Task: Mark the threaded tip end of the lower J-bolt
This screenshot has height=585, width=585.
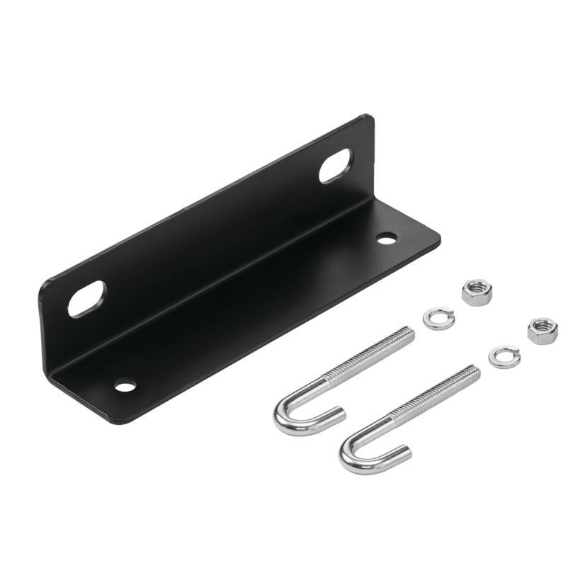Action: click(x=476, y=370)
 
